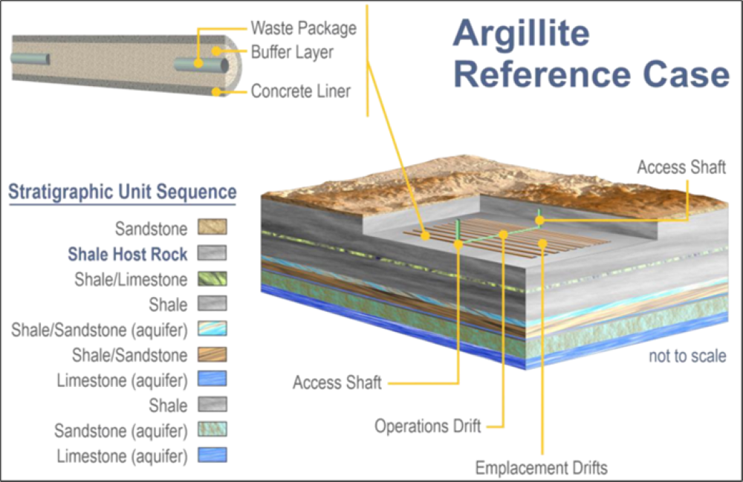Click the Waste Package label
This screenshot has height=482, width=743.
pyautogui.click(x=303, y=28)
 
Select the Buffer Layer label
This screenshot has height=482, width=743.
pyautogui.click(x=292, y=53)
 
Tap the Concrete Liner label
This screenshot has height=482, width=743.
pyautogui.click(x=300, y=92)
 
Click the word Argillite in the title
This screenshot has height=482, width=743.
pyautogui.click(x=521, y=33)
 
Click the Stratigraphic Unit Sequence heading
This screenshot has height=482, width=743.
pyautogui.click(x=122, y=192)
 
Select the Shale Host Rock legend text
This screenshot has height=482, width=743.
pyautogui.click(x=127, y=254)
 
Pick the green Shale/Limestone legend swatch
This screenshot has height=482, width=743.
pyautogui.click(x=212, y=279)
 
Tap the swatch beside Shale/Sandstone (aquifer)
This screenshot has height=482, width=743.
pyautogui.click(x=212, y=329)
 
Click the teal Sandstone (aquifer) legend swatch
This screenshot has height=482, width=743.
pyautogui.click(x=212, y=429)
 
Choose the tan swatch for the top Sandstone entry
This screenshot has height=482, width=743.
pyautogui.click(x=212, y=227)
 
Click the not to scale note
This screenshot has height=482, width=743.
pyautogui.click(x=687, y=356)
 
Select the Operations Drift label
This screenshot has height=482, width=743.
pyautogui.click(x=427, y=426)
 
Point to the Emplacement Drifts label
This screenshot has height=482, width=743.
pyautogui.click(x=541, y=468)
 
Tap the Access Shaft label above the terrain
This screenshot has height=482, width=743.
pyautogui.click(x=681, y=166)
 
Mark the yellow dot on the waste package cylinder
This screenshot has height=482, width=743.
pyautogui.click(x=198, y=64)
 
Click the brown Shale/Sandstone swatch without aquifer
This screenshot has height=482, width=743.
pyautogui.click(x=212, y=354)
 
